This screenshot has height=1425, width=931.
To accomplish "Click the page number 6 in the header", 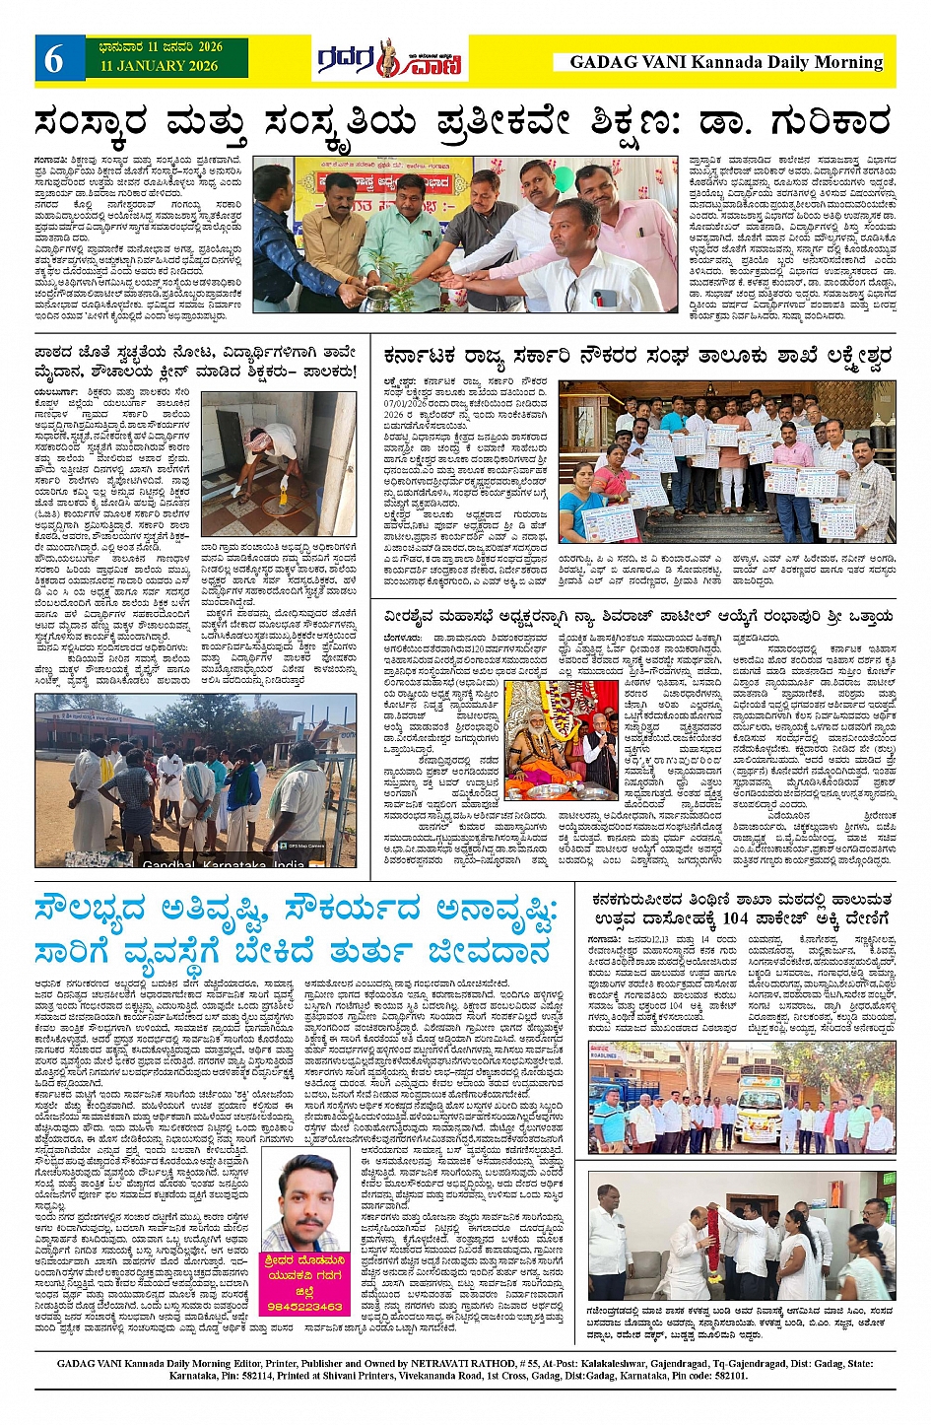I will (54, 60).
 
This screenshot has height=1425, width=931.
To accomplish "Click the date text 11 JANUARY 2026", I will (159, 66).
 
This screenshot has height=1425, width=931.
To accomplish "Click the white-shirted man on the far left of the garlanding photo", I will (611, 1237).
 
